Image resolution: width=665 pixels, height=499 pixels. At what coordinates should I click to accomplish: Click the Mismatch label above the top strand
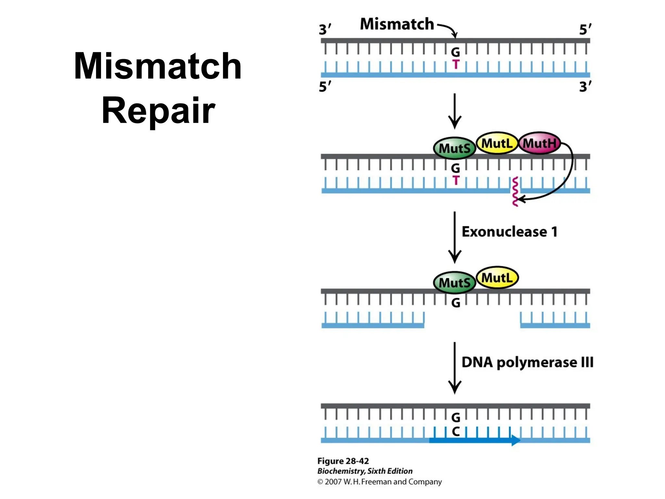pyautogui.click(x=397, y=24)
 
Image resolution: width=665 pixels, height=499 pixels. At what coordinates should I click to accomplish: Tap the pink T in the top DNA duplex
pyautogui.click(x=456, y=64)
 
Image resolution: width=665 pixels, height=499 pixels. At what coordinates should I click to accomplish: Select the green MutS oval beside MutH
pyautogui.click(x=454, y=148)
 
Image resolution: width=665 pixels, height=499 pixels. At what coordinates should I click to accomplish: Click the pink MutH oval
pyautogui.click(x=539, y=143)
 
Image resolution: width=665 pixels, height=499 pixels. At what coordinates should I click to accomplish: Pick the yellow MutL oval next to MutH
pyautogui.click(x=496, y=143)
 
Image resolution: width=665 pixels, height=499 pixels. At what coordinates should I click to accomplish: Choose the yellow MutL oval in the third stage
pyautogui.click(x=497, y=278)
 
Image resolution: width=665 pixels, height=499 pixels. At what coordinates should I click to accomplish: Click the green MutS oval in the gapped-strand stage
pyautogui.click(x=454, y=282)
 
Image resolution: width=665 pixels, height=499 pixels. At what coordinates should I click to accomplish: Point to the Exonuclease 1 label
pyautogui.click(x=509, y=232)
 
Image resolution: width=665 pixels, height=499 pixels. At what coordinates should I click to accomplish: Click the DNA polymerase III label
pyautogui.click(x=527, y=362)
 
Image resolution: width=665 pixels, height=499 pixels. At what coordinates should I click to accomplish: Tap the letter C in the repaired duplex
pyautogui.click(x=456, y=431)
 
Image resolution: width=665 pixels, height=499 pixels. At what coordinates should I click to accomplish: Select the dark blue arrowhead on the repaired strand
pyautogui.click(x=516, y=440)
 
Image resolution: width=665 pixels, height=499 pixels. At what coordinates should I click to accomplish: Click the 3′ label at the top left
pyautogui.click(x=325, y=29)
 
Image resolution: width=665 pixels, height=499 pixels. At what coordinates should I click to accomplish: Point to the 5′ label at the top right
pyautogui.click(x=585, y=29)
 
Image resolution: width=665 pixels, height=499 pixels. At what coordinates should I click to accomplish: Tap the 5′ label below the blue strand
pyautogui.click(x=325, y=87)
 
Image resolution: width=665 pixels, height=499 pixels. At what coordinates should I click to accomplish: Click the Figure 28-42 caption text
pyautogui.click(x=343, y=461)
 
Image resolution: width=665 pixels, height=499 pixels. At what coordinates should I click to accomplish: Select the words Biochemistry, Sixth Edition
pyautogui.click(x=365, y=471)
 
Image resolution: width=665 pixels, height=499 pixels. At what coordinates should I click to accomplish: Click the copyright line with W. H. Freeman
pyautogui.click(x=379, y=481)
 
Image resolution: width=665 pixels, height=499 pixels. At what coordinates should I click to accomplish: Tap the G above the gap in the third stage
pyautogui.click(x=456, y=303)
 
